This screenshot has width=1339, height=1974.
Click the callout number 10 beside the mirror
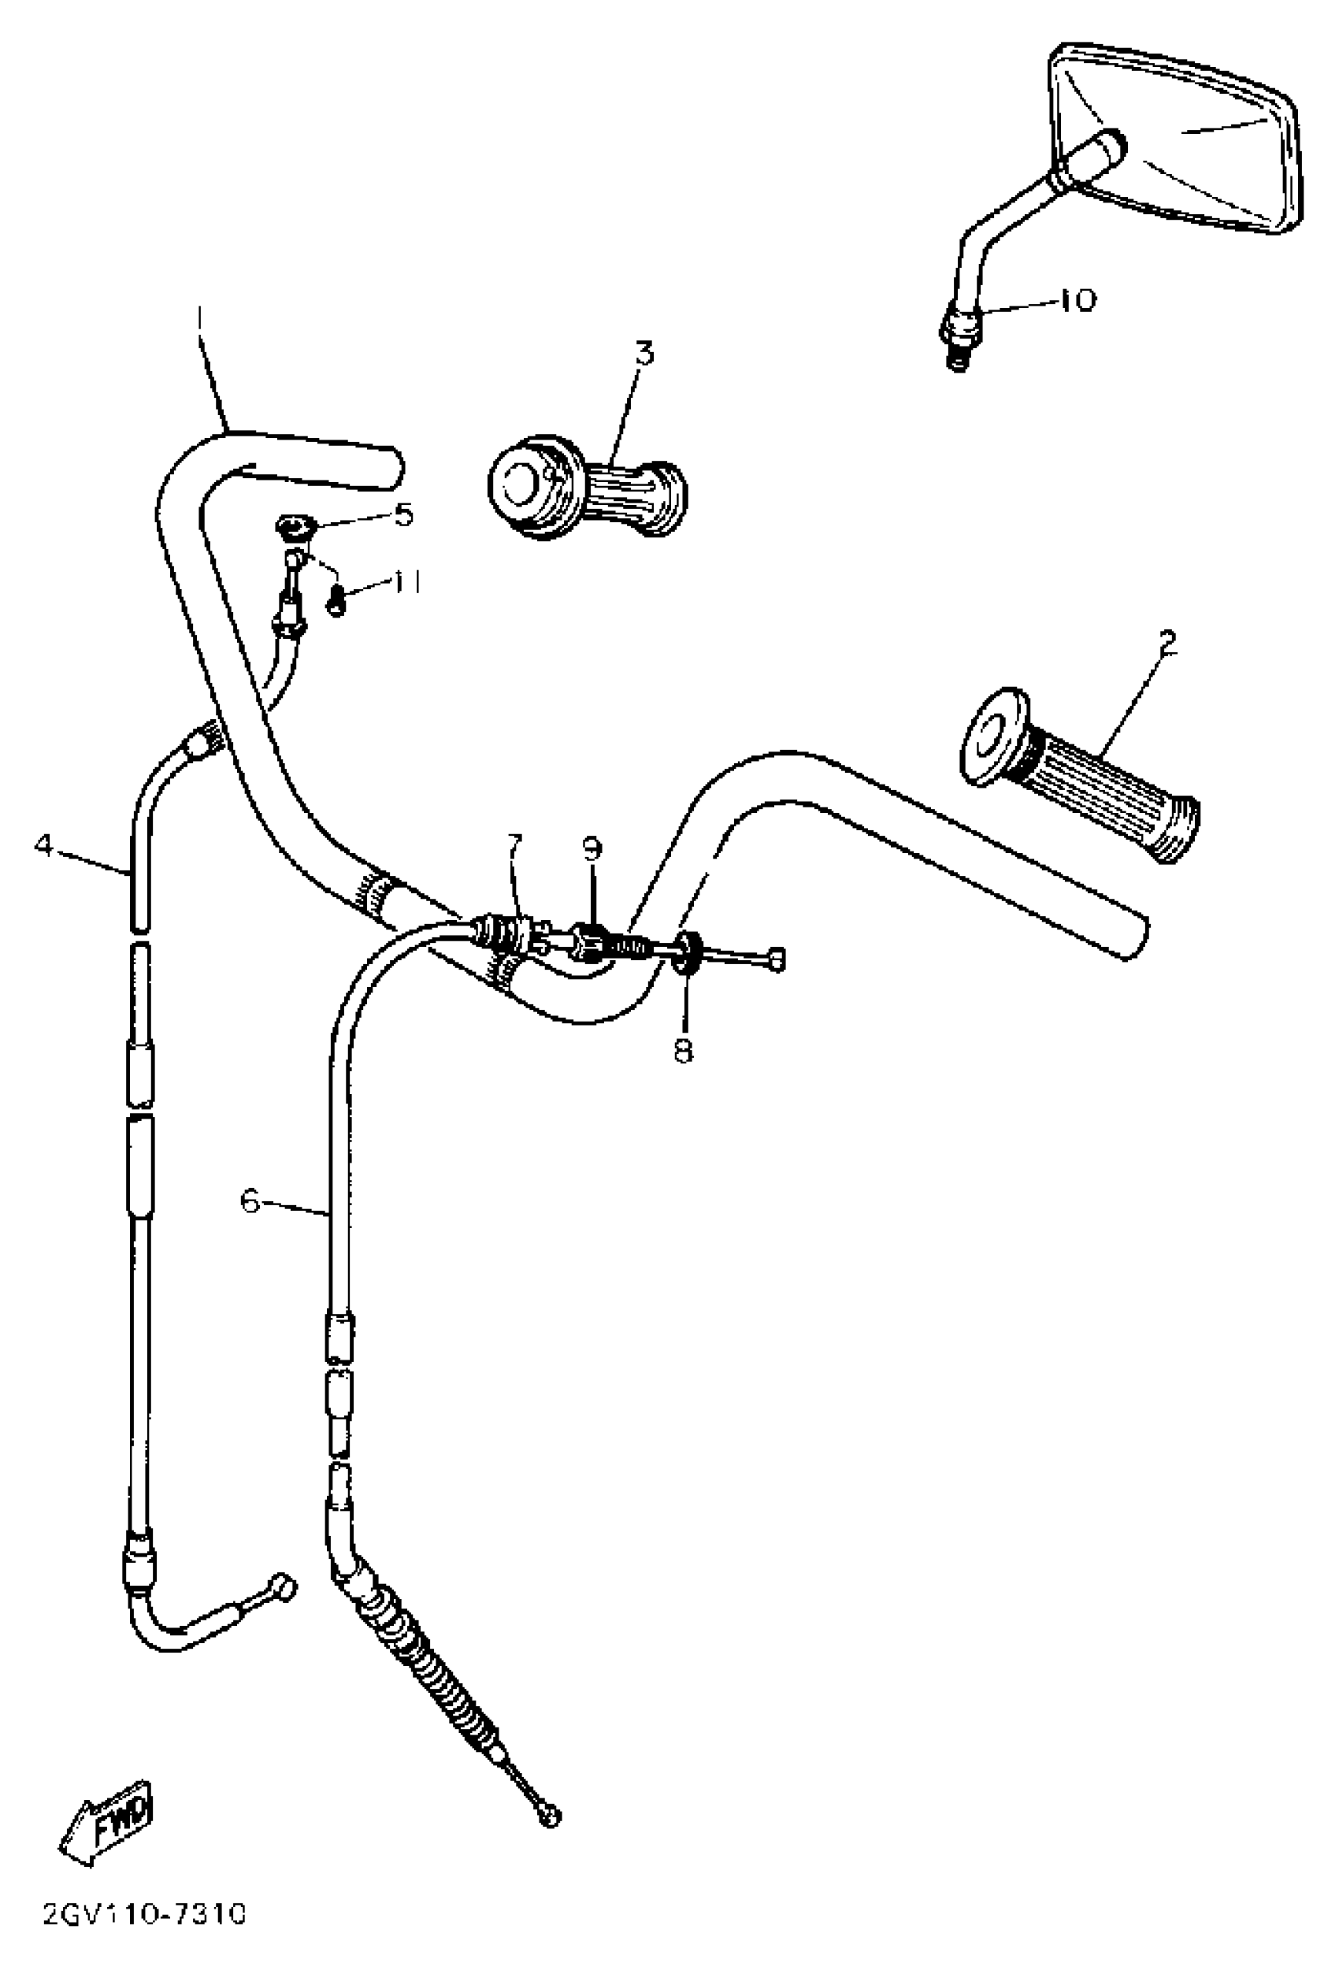[1078, 301]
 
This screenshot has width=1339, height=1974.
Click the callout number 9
[592, 848]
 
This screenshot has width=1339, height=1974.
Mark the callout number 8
[684, 1051]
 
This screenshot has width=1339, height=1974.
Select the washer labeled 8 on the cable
[687, 952]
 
